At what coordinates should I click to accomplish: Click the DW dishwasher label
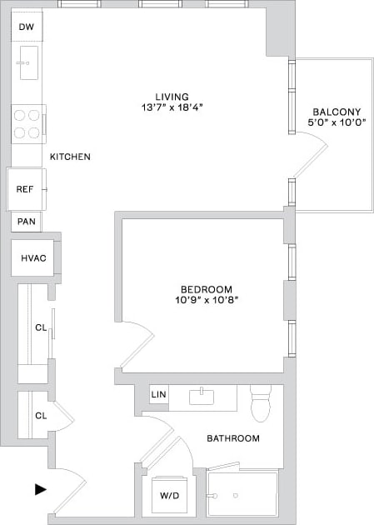tap(26, 27)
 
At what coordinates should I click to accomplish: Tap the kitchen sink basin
tap(28, 62)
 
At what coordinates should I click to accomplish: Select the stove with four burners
tap(28, 123)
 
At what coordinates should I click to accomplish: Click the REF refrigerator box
tap(25, 189)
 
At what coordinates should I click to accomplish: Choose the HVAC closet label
tap(33, 258)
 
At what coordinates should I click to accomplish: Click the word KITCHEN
tap(70, 157)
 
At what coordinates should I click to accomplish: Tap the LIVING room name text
tap(172, 96)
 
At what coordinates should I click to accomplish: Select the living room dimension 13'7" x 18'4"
tap(172, 107)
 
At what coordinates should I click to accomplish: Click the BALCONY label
tap(336, 112)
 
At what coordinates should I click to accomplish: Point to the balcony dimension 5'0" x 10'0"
tap(336, 123)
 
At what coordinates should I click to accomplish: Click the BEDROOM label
tap(202, 289)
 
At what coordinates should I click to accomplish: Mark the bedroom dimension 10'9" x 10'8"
tap(202, 301)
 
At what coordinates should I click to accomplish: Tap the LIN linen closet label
tap(158, 395)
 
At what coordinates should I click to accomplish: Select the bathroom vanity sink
tap(202, 396)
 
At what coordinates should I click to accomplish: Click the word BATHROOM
tap(233, 438)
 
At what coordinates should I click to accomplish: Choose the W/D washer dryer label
tap(169, 495)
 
